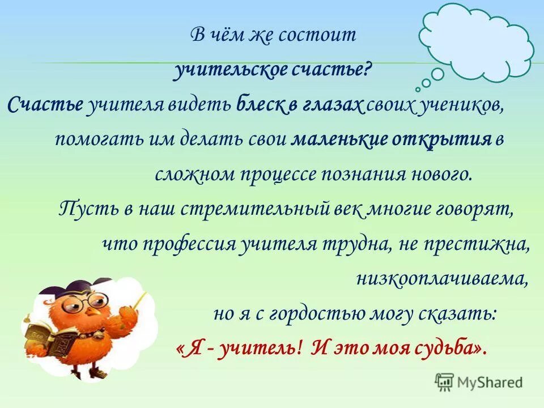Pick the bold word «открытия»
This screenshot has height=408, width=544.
pyautogui.click(x=443, y=139)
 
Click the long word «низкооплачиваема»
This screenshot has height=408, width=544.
pyautogui.click(x=443, y=278)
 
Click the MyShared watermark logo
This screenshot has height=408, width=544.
pyautogui.click(x=479, y=381)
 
